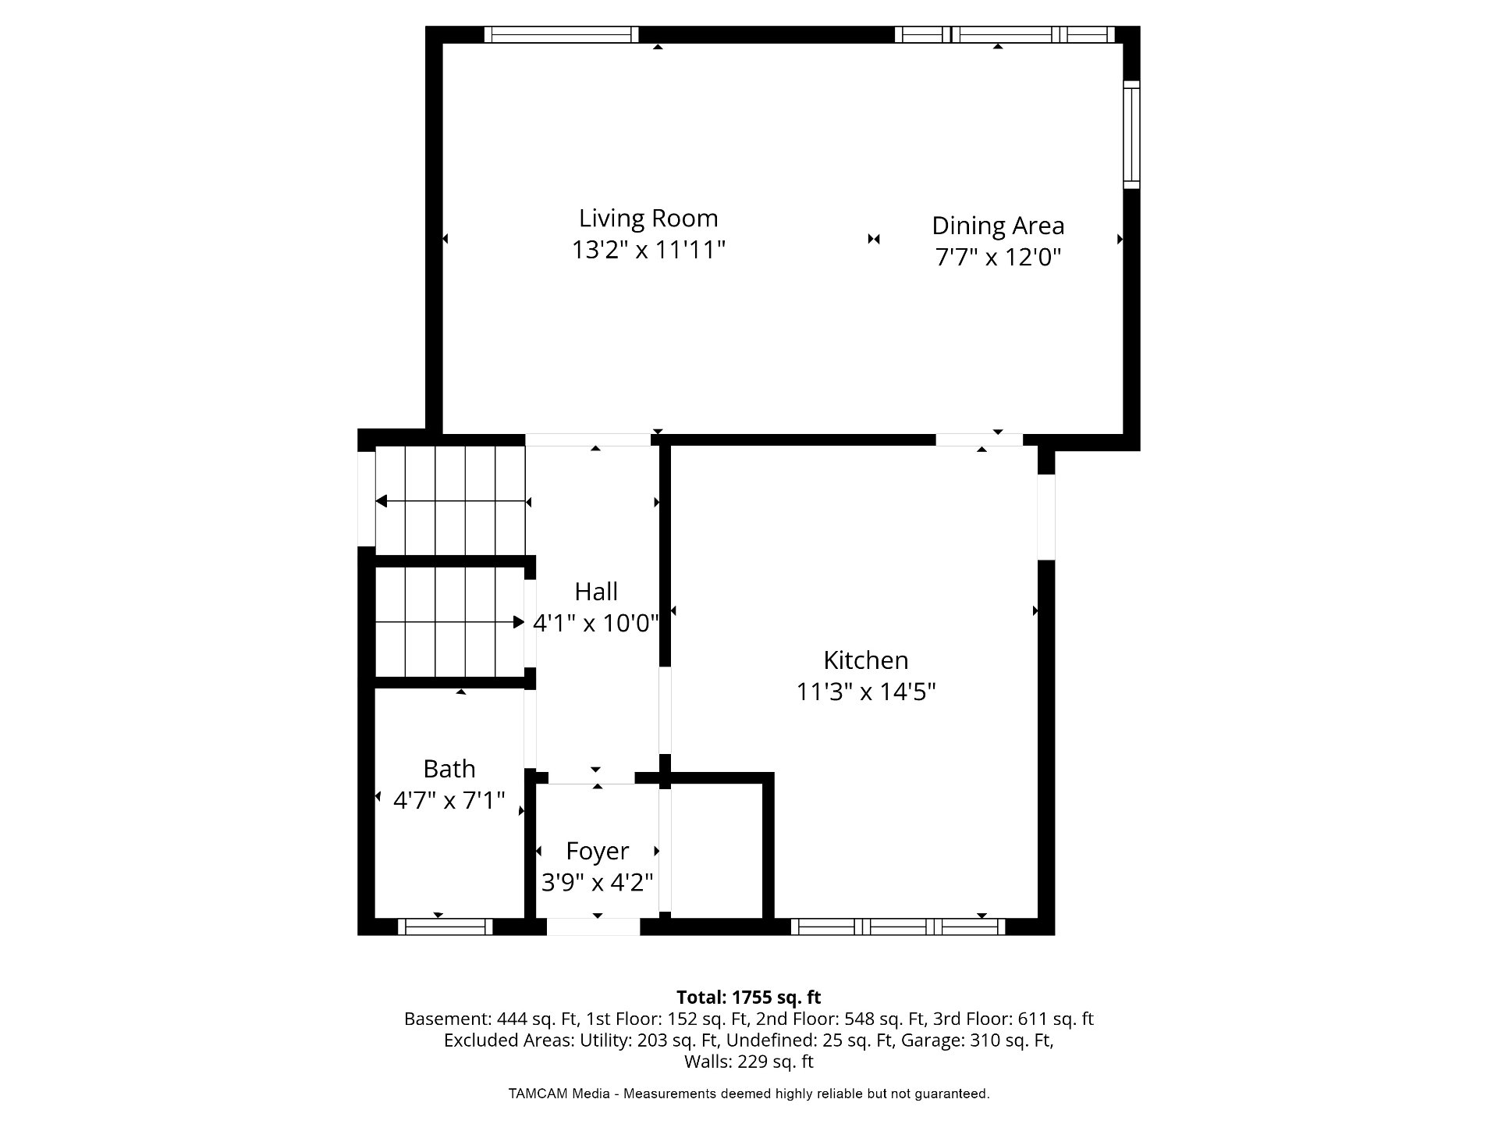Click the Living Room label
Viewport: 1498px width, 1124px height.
(x=648, y=218)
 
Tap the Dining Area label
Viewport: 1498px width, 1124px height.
(x=998, y=226)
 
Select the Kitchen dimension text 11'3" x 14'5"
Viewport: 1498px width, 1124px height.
(x=866, y=692)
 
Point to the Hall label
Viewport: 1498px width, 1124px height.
(x=596, y=592)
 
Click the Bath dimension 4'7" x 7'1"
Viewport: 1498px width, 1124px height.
(x=449, y=800)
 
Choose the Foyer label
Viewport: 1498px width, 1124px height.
(x=598, y=851)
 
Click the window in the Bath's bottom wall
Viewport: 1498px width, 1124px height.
(x=445, y=927)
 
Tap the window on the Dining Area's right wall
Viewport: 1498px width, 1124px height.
(x=1131, y=134)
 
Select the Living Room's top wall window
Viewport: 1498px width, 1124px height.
(x=562, y=34)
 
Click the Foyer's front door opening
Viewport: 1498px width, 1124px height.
(x=593, y=927)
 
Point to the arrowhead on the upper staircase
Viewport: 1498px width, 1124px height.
(x=381, y=501)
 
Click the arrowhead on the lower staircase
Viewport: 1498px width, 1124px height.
(x=519, y=622)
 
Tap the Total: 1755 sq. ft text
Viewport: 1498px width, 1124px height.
(x=749, y=997)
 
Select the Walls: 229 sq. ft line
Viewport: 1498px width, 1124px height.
(x=749, y=1062)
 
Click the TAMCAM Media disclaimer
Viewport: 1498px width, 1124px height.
(x=749, y=1094)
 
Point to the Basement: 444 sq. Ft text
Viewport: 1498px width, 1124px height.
(x=492, y=1019)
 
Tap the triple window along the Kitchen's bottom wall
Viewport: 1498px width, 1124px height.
(x=898, y=927)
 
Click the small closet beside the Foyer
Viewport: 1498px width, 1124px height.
(x=716, y=852)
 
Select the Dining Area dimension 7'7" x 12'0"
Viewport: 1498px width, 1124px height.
(x=999, y=257)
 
